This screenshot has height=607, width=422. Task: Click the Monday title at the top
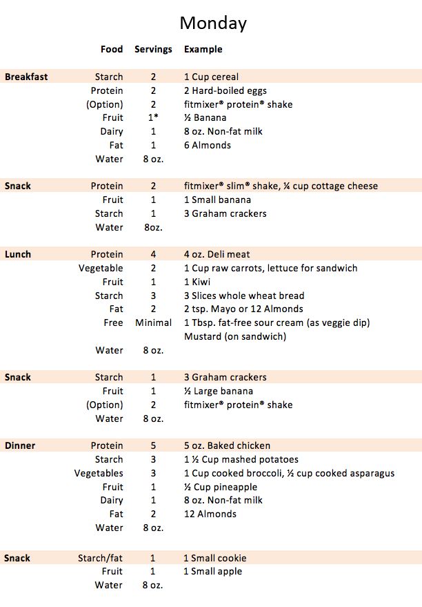[213, 23]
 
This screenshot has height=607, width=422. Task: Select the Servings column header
[153, 50]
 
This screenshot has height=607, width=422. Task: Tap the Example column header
[203, 50]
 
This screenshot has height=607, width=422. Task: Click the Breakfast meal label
[26, 77]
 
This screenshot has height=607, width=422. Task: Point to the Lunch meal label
[18, 255]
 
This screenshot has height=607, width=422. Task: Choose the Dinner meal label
[20, 446]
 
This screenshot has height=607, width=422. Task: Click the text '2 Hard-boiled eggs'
[225, 91]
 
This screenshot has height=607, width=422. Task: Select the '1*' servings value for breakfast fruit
[153, 118]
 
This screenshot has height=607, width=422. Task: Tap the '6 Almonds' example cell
[208, 146]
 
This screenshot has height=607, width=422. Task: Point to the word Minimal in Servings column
[153, 323]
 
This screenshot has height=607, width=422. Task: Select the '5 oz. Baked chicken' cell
[227, 446]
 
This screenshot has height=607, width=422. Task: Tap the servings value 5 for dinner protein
[153, 446]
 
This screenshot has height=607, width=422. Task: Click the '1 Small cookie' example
[214, 558]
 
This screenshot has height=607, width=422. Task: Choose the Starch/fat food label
[100, 558]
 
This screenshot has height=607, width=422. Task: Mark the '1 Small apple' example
[212, 572]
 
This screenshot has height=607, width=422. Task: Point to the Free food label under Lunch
[113, 323]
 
